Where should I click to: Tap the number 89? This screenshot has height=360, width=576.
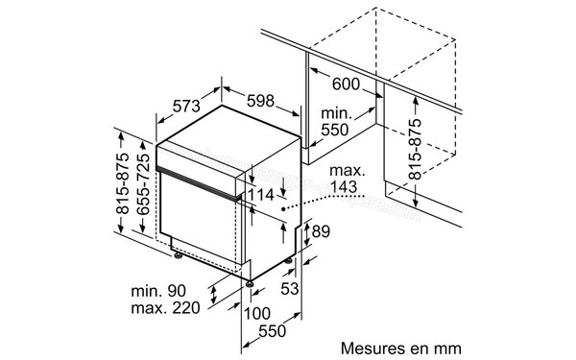click(x=321, y=231)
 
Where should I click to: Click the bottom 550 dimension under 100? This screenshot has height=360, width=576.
click(x=274, y=332)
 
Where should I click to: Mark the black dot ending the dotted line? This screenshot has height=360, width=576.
click(x=285, y=204)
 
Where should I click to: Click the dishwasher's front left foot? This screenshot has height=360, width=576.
click(x=179, y=255)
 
